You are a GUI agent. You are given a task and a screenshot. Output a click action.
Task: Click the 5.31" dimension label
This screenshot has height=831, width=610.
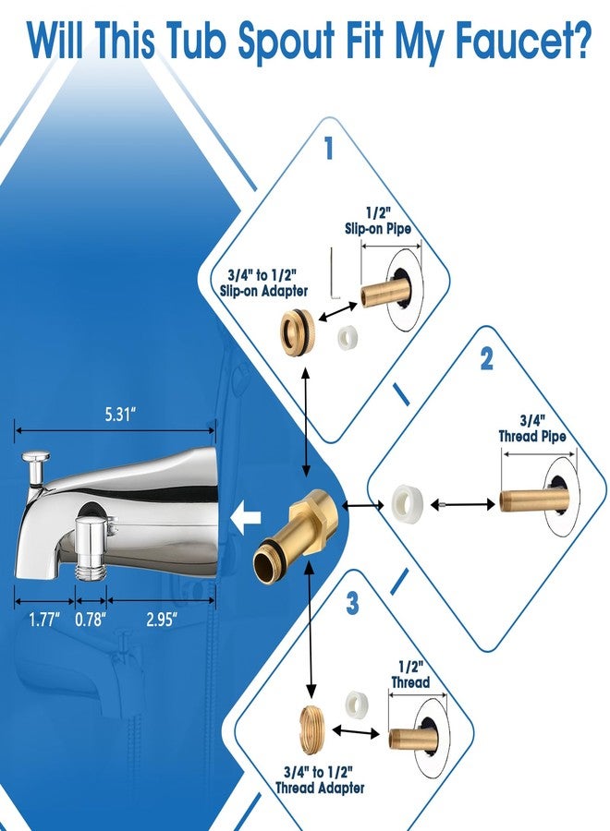point(116,415)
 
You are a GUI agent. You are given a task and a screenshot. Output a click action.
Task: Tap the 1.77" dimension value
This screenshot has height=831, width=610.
point(44,619)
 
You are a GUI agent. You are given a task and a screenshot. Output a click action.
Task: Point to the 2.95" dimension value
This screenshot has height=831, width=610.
point(162,619)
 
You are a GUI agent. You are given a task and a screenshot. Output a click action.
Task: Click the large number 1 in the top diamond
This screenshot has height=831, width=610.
point(329,148)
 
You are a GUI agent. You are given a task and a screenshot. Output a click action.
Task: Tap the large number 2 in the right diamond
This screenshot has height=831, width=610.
point(486,359)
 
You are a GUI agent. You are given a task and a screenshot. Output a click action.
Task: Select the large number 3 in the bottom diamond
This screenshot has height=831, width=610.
point(352,603)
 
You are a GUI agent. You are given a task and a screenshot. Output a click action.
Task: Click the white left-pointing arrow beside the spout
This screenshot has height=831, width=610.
point(246,517)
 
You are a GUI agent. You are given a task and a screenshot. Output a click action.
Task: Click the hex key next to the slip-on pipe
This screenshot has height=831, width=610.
point(334,273)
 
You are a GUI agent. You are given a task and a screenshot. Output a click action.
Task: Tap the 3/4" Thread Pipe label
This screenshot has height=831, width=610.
point(532,428)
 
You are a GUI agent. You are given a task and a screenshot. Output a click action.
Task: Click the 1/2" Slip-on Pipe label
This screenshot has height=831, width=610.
point(378,221)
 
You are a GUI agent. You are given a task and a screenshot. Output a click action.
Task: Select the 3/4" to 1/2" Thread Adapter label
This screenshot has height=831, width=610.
point(319,779)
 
